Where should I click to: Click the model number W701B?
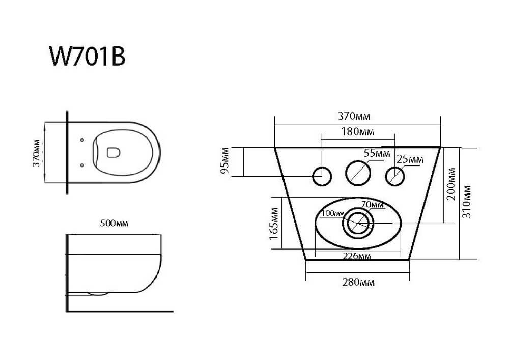[x=87, y=57]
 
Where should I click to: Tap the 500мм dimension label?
[x=114, y=224]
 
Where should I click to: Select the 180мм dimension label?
[x=357, y=132]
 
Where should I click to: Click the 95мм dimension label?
[x=224, y=160]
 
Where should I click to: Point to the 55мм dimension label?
[x=377, y=153]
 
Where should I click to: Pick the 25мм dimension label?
[x=410, y=159]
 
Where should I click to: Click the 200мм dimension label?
[x=451, y=184]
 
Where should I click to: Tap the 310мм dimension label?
[x=466, y=202]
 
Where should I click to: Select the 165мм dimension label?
[x=274, y=224]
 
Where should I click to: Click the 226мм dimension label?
[x=357, y=256]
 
